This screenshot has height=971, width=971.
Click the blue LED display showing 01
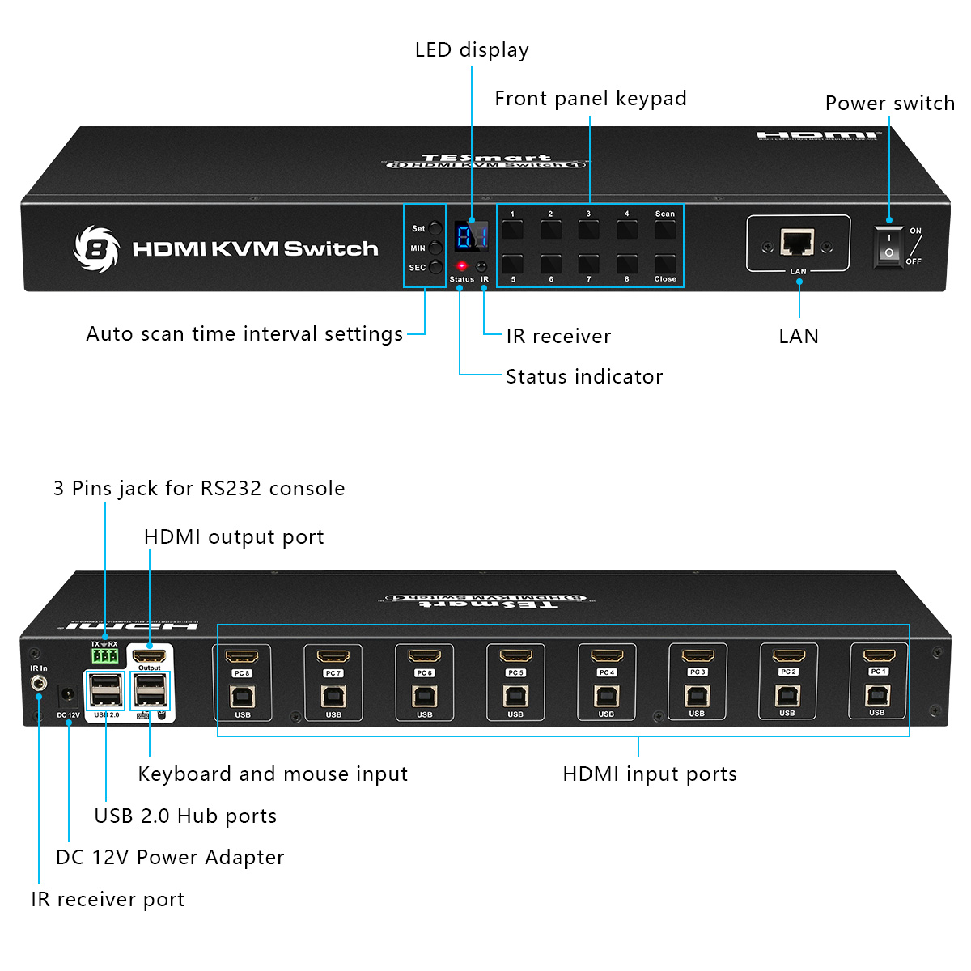(x=471, y=236)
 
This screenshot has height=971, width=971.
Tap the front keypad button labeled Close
(x=665, y=264)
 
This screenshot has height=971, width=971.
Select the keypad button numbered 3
(x=588, y=229)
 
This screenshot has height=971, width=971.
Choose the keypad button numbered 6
(x=551, y=264)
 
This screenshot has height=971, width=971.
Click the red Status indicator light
(x=461, y=265)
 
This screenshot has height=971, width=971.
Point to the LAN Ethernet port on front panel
(x=797, y=242)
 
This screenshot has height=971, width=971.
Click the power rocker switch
(x=888, y=246)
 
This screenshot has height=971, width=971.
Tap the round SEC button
(x=436, y=267)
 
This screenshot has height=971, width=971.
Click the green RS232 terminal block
(x=104, y=655)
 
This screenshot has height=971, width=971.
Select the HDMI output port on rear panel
(x=150, y=655)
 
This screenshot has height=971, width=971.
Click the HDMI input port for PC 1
(x=878, y=656)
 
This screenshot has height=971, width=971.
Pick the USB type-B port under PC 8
(x=242, y=696)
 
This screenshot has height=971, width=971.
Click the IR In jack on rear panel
(x=38, y=684)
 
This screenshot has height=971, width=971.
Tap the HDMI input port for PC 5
(x=515, y=656)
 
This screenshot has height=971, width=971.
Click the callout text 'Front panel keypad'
(x=590, y=99)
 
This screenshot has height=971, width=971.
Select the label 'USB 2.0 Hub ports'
(x=185, y=816)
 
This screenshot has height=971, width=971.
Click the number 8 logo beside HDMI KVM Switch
(x=96, y=248)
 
